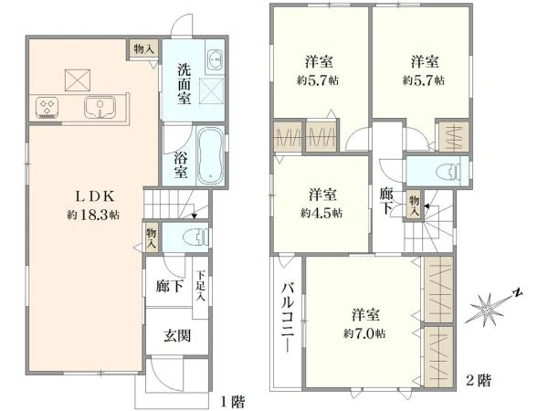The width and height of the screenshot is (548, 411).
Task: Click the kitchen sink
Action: coord(99,109)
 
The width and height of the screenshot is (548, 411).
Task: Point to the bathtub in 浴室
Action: coord(210,155)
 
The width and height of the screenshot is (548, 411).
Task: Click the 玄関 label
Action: coord(177,335)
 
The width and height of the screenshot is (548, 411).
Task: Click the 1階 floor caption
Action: coord(232,401)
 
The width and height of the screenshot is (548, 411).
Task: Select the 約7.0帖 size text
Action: coord(364,333)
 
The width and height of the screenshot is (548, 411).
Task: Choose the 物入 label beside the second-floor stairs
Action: coord(415,204)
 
